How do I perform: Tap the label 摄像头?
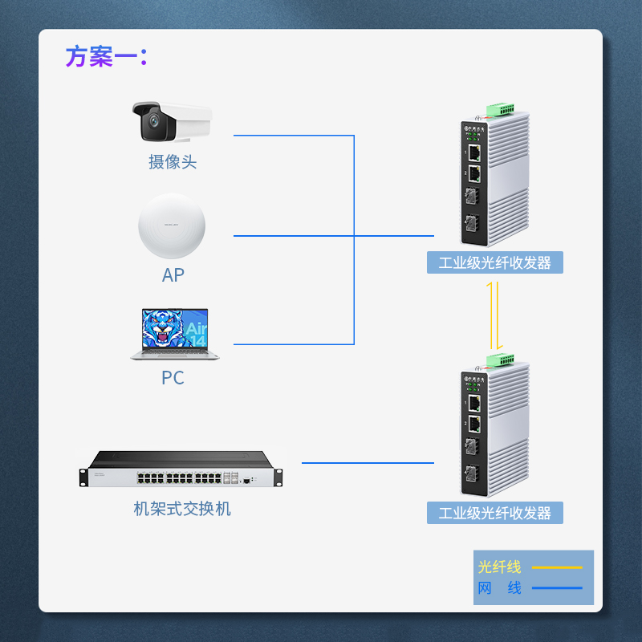(173, 162)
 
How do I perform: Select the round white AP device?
(172, 226)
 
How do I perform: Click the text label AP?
(173, 275)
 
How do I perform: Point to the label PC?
(173, 377)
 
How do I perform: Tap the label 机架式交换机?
(182, 509)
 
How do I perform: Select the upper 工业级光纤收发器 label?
(495, 262)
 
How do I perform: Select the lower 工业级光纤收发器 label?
(495, 513)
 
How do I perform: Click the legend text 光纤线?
(500, 567)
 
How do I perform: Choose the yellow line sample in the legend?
(557, 567)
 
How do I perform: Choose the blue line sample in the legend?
(557, 588)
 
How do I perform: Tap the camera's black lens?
(150, 123)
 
